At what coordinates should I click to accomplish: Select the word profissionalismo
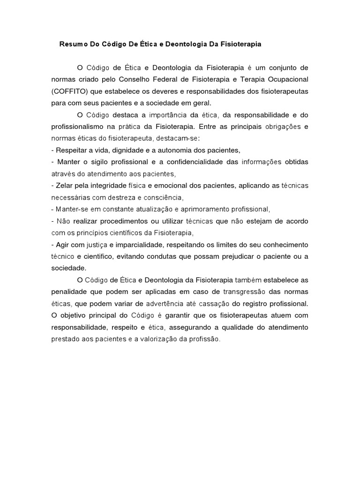coord(76,127)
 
